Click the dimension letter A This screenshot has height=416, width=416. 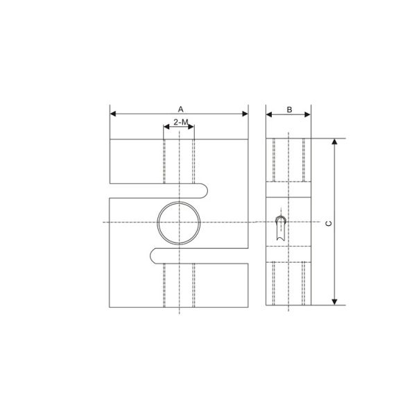[180, 109]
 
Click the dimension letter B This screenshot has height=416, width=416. [289, 109]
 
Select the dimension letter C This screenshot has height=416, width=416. [329, 223]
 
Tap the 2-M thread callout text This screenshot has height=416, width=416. [179, 122]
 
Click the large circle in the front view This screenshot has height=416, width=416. [180, 223]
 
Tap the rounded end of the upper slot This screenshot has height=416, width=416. [206, 191]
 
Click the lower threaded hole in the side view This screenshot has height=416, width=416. [289, 284]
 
